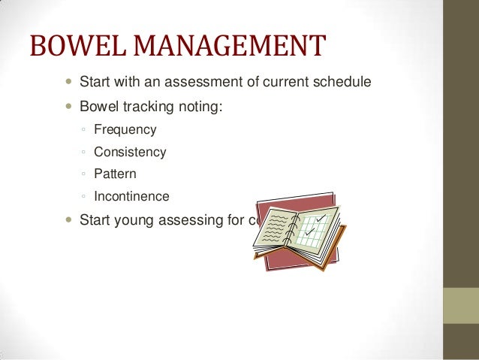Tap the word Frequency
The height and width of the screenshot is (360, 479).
pyautogui.click(x=125, y=130)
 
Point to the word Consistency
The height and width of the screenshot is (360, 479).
pyautogui.click(x=130, y=153)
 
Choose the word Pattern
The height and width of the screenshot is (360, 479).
pyautogui.click(x=115, y=175)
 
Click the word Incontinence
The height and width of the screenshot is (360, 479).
pyautogui.click(x=131, y=198)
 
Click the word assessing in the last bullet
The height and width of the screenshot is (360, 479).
pyautogui.click(x=193, y=221)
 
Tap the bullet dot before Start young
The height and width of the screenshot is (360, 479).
pyautogui.click(x=69, y=221)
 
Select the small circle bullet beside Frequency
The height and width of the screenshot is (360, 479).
pyautogui.click(x=83, y=131)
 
